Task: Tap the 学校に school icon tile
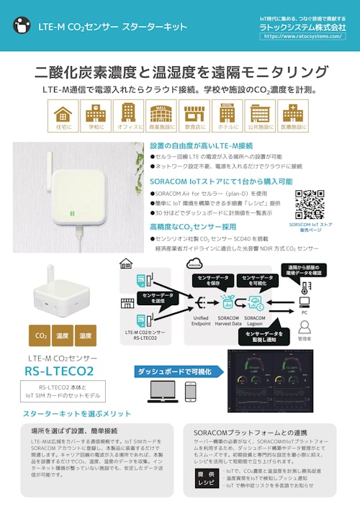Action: (94, 117)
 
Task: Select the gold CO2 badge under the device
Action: (41, 335)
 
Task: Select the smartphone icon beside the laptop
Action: (191, 392)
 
